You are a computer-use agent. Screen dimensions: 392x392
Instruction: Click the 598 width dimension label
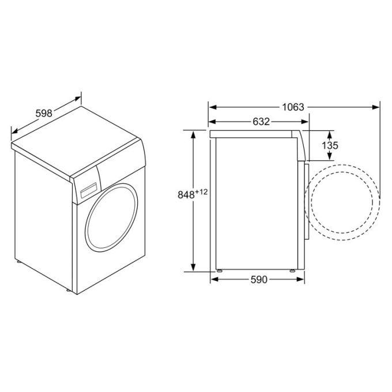coord(44,113)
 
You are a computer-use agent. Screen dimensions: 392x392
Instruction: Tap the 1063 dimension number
coord(293,107)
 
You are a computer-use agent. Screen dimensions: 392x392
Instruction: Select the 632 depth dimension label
coord(261,122)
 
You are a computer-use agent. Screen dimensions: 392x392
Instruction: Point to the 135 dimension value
coord(330,145)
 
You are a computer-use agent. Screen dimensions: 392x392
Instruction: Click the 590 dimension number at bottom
coord(259,280)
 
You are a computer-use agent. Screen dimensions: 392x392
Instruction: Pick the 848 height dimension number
coord(186,194)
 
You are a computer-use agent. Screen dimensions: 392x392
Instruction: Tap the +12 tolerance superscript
coord(201,192)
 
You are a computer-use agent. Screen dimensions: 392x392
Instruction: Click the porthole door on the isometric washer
coord(111,217)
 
